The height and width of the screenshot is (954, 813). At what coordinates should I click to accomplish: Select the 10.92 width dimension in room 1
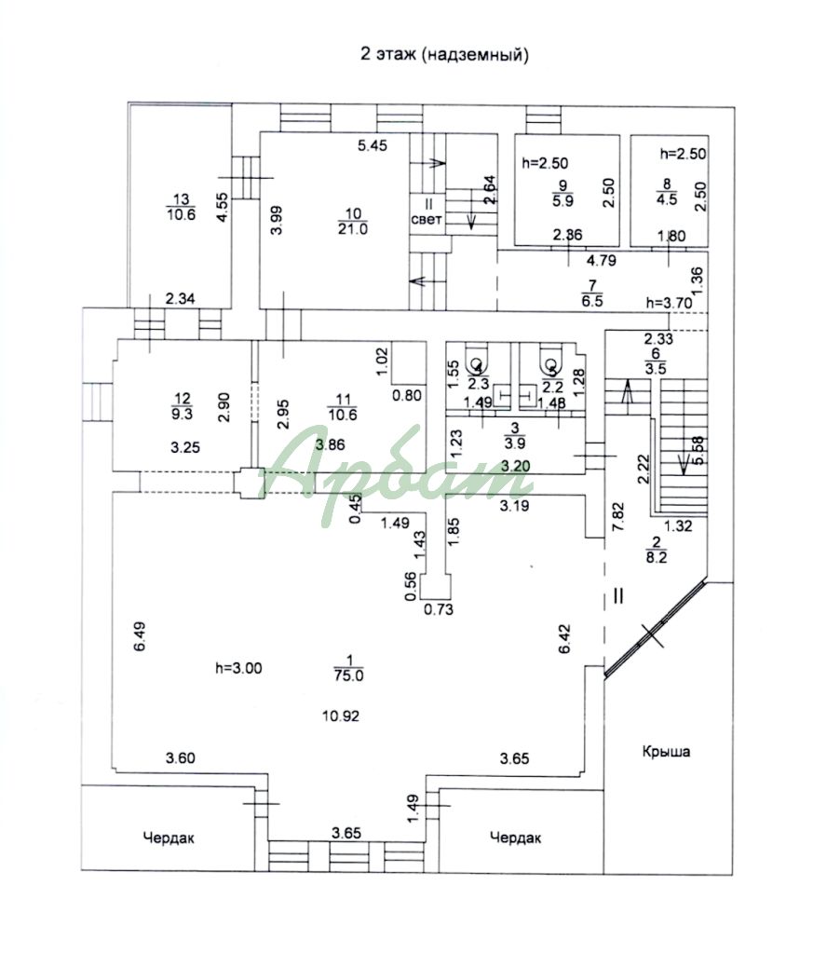click(340, 716)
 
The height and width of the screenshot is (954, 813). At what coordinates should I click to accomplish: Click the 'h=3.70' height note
click(670, 303)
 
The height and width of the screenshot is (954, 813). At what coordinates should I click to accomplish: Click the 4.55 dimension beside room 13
click(221, 206)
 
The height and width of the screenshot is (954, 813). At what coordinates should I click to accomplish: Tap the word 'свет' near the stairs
click(425, 220)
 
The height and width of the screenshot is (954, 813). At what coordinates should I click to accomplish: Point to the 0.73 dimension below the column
click(438, 610)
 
